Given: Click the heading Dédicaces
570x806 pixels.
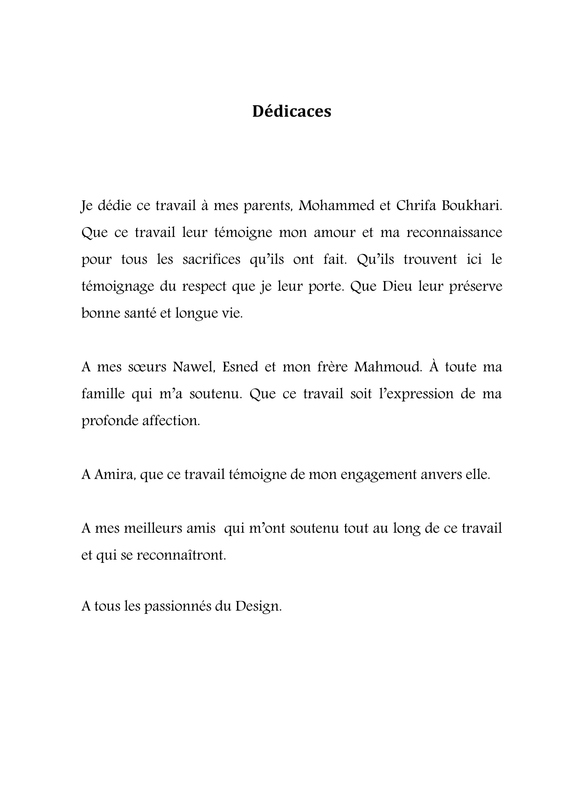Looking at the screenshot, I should [x=291, y=112].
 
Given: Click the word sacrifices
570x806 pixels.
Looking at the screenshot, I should [x=212, y=260].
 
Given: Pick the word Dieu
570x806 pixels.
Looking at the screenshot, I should [x=397, y=287].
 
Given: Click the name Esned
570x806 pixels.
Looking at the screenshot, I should [x=240, y=367].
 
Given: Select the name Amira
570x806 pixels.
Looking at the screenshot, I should [x=115, y=475].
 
